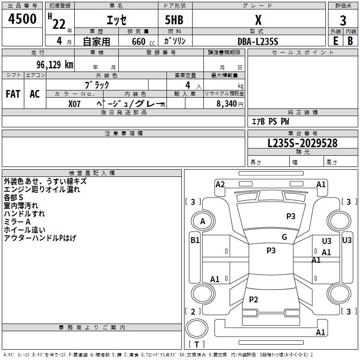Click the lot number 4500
tap(22, 18)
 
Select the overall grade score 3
tap(343, 21)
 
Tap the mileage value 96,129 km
tap(55, 65)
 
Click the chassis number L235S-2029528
tap(302, 143)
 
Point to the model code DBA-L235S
tap(258, 41)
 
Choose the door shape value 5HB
tap(174, 20)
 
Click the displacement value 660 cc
tap(143, 42)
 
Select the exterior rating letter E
tap(336, 41)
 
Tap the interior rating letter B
tap(350, 41)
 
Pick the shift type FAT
tap(13, 94)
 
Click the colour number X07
tap(74, 104)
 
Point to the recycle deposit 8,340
tap(226, 104)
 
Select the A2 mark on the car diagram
tap(220, 184)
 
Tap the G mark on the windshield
tap(284, 237)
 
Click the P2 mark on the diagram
tap(253, 299)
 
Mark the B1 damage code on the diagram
tap(195, 240)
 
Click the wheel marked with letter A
tap(203, 221)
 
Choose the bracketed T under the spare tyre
tap(197, 344)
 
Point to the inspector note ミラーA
tap(17, 222)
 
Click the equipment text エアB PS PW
tap(270, 121)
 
